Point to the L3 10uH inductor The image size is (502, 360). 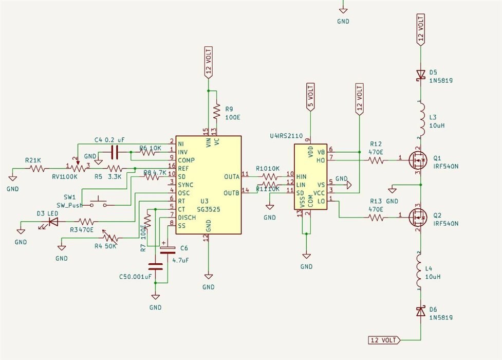(x=422, y=118)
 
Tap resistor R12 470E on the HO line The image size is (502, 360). (x=376, y=160)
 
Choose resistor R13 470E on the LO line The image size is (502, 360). (x=376, y=218)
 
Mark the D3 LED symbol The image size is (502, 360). (x=52, y=222)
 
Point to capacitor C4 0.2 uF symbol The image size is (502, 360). (x=115, y=152)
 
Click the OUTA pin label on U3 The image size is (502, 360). (x=232, y=176)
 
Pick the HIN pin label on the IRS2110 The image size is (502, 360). (x=301, y=176)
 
